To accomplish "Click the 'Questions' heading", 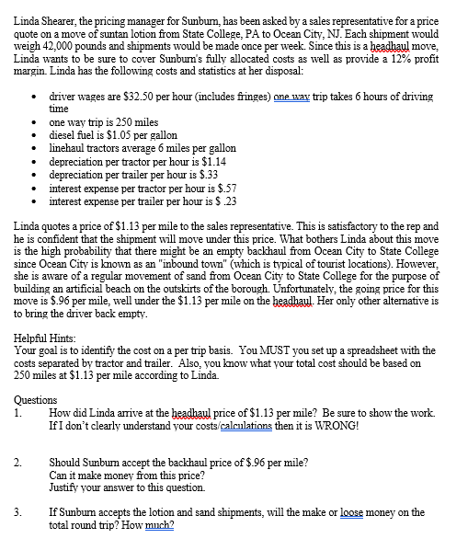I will click(36, 401).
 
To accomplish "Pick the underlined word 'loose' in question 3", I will click(364, 513).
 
